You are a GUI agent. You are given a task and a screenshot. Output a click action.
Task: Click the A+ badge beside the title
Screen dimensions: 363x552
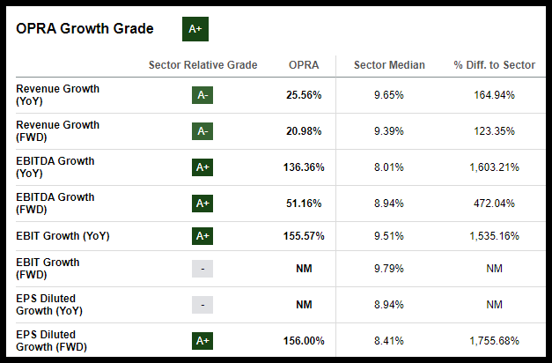[x=195, y=28]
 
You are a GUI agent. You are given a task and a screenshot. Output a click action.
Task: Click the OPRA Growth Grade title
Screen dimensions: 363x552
[x=85, y=29]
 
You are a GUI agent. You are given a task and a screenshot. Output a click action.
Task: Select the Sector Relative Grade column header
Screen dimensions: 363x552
[x=202, y=65]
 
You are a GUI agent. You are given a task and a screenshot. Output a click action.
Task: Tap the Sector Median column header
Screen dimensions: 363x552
[x=388, y=65]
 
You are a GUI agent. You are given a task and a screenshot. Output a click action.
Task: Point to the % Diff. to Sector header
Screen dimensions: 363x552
[x=494, y=65]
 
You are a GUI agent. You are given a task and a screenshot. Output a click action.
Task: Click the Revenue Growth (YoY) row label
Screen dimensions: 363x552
[x=57, y=95]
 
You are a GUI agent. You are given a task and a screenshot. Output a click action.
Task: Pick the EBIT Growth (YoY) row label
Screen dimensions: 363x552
[x=62, y=235]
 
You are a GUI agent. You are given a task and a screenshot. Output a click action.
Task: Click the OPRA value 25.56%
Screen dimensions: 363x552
[x=304, y=95]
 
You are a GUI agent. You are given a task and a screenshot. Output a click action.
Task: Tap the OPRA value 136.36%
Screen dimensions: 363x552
[x=301, y=167]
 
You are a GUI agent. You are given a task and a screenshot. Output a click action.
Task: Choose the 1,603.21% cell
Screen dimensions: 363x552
[x=494, y=167]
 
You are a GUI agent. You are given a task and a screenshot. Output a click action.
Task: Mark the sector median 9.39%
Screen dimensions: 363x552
[x=388, y=131]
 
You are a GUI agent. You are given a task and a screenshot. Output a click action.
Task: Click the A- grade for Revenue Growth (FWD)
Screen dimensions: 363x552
[x=202, y=131]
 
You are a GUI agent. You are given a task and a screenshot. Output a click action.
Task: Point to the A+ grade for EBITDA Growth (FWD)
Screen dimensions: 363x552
[x=202, y=204]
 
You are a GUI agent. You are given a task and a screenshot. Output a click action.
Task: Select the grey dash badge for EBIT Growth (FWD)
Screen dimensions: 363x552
[x=202, y=269]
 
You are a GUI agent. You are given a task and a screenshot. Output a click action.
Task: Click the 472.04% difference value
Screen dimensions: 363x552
[x=494, y=204]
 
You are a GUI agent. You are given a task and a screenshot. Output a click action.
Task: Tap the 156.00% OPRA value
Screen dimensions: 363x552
[x=301, y=341]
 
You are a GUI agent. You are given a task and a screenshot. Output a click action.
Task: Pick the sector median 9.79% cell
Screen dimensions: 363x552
[x=388, y=269]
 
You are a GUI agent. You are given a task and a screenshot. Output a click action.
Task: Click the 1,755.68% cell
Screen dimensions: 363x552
[x=494, y=341]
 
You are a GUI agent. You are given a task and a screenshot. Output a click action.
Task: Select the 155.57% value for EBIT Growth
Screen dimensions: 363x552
[x=301, y=236]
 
